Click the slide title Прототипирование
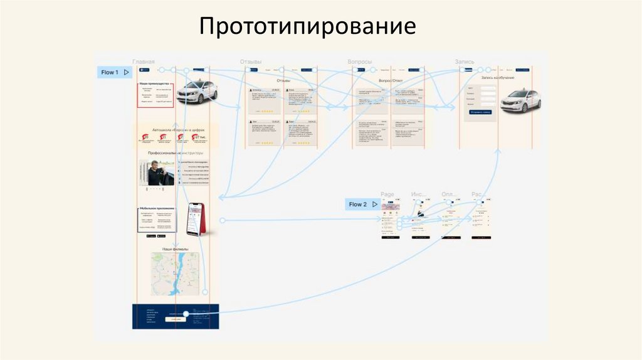click(x=308, y=26)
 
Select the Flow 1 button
click(x=114, y=72)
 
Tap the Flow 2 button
click(x=363, y=204)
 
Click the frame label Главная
click(x=144, y=61)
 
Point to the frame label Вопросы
click(x=360, y=61)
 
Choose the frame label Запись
click(x=465, y=61)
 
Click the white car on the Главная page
click(x=196, y=92)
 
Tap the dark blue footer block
click(x=176, y=316)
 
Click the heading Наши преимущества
click(x=154, y=83)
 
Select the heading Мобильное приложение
click(x=157, y=208)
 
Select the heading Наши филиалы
click(x=176, y=249)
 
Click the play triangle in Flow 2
click(x=376, y=204)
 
